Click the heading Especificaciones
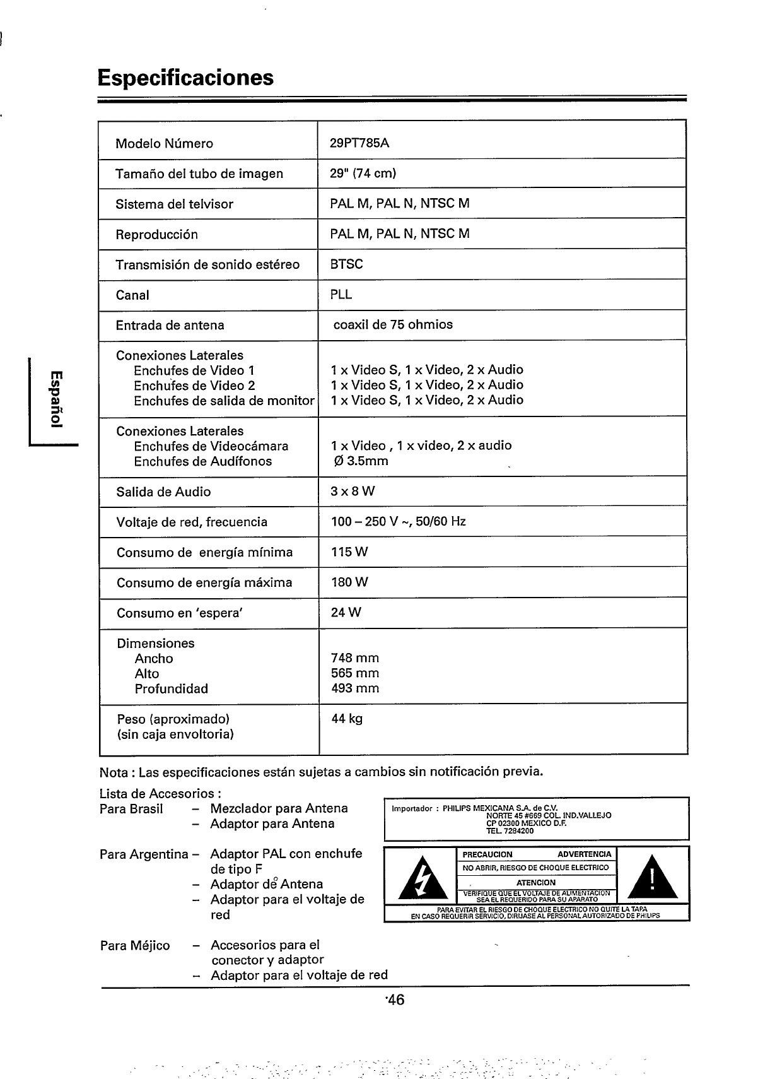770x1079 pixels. (185, 78)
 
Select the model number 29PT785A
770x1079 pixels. (359, 143)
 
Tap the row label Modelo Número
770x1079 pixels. (164, 144)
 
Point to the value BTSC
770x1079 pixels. (346, 264)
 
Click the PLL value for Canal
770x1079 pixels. (341, 295)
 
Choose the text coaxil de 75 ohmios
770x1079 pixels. (393, 325)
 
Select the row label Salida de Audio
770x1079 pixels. (164, 492)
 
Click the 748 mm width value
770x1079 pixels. (355, 659)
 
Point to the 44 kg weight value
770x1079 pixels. (347, 719)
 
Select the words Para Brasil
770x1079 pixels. (131, 809)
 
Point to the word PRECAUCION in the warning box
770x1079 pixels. (487, 854)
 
